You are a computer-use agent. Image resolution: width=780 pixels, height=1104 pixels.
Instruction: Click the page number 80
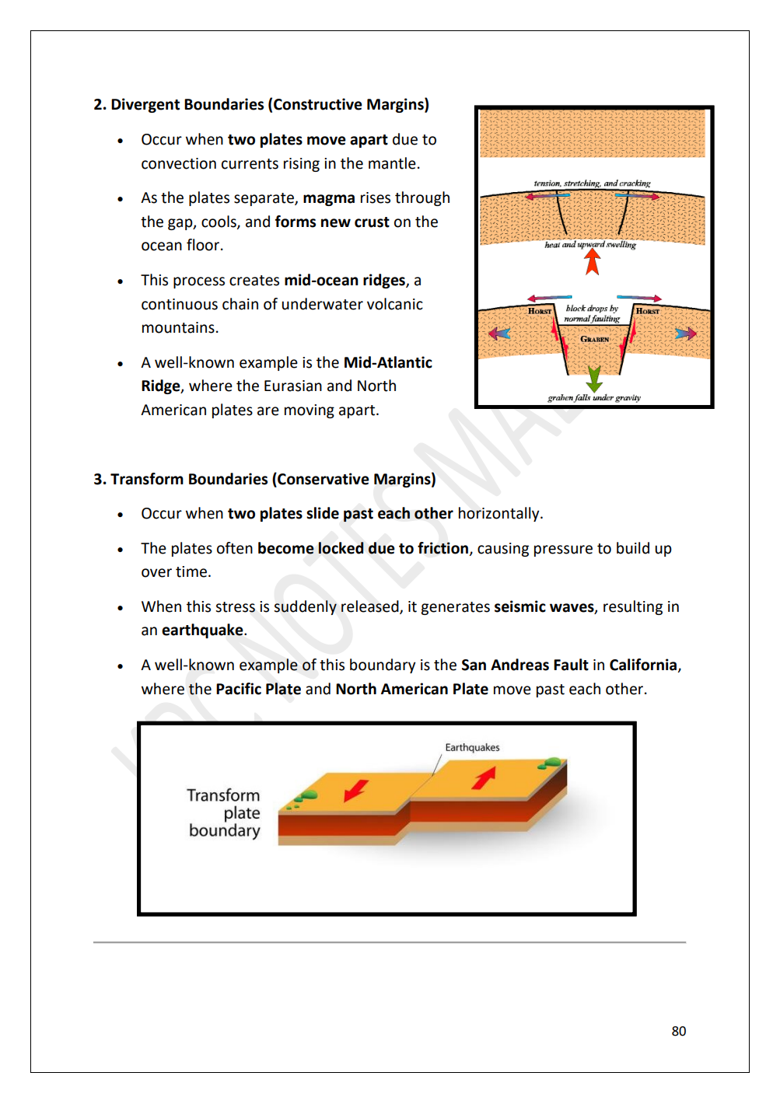pyautogui.click(x=678, y=1031)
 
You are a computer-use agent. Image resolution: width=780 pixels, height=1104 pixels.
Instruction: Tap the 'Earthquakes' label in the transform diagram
pyautogui.click(x=472, y=747)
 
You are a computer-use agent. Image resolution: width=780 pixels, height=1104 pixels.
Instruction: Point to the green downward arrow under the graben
pyautogui.click(x=594, y=379)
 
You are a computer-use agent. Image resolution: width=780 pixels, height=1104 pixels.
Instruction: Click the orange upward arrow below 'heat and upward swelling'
pyautogui.click(x=593, y=262)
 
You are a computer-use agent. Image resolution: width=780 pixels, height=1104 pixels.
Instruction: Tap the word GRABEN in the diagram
pyautogui.click(x=595, y=339)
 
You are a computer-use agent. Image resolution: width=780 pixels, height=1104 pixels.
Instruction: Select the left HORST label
pyautogui.click(x=540, y=311)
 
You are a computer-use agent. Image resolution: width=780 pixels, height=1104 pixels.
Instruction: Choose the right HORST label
pyautogui.click(x=647, y=311)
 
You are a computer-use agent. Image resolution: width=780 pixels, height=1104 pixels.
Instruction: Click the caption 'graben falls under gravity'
pyautogui.click(x=594, y=398)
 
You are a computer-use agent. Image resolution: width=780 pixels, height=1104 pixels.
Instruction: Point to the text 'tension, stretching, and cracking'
pyautogui.click(x=592, y=183)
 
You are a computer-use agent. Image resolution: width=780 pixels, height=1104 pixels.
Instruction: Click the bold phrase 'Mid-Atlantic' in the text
pyautogui.click(x=388, y=362)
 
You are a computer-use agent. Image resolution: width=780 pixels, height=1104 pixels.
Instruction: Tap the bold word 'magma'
pyautogui.click(x=329, y=198)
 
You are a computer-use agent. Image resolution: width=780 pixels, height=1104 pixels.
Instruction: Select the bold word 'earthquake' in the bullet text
pyautogui.click(x=202, y=631)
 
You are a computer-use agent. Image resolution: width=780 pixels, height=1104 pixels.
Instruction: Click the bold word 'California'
pyautogui.click(x=643, y=666)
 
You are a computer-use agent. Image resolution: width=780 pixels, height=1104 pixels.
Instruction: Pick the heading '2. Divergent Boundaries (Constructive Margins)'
pyautogui.click(x=261, y=105)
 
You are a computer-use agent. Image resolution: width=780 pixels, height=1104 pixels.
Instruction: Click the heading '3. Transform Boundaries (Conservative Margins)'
pyautogui.click(x=264, y=480)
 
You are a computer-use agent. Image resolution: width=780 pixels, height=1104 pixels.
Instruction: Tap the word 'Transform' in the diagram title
pyautogui.click(x=223, y=795)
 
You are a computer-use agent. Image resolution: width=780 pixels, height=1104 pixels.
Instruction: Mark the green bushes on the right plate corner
pyautogui.click(x=552, y=763)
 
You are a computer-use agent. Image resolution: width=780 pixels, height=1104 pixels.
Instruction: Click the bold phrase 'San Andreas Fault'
pyautogui.click(x=524, y=666)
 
